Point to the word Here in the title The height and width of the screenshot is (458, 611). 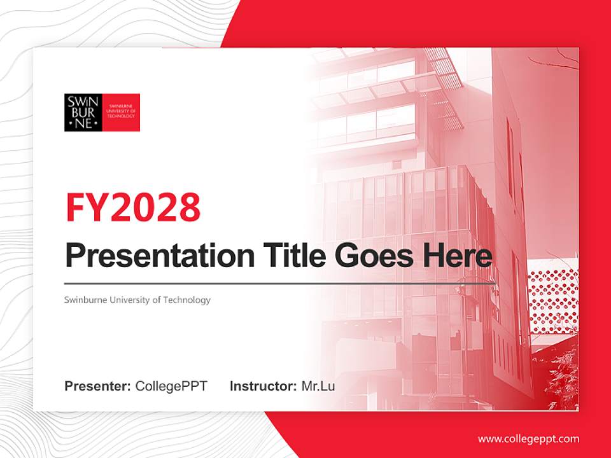(x=457, y=256)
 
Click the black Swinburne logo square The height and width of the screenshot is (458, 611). (x=83, y=113)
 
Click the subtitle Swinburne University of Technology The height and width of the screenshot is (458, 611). (x=137, y=300)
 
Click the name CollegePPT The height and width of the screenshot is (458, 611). (x=171, y=386)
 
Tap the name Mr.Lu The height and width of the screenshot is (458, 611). (x=318, y=386)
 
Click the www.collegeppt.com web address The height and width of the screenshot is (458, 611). (x=528, y=439)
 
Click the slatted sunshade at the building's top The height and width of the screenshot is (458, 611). (x=446, y=76)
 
